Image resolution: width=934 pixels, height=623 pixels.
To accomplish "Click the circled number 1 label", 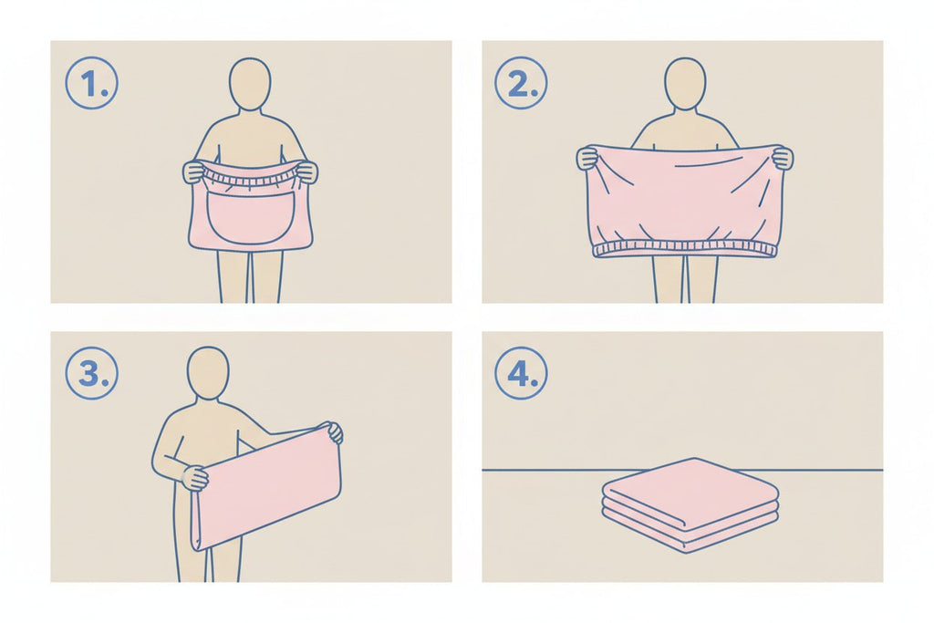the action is click(x=91, y=83).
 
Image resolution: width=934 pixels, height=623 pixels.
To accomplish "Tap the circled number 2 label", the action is click(x=521, y=83).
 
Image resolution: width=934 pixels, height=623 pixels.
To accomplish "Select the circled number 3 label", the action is click(x=91, y=373).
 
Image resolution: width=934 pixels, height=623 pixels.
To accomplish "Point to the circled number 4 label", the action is click(x=521, y=373).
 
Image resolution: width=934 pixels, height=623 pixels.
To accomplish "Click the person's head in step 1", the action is click(x=250, y=84).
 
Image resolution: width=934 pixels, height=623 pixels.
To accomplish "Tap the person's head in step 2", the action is click(x=685, y=84).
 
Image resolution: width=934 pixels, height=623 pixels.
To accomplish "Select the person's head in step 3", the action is click(x=208, y=373).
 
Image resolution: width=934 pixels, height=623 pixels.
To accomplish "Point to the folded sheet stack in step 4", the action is click(x=690, y=505).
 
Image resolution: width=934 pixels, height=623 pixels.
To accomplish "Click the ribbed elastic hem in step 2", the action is click(x=685, y=249).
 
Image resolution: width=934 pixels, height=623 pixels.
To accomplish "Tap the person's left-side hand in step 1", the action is click(x=193, y=171).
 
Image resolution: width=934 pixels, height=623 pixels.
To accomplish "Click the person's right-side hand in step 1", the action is click(x=306, y=171).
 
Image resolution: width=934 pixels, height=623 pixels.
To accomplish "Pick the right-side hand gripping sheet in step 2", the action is click(x=783, y=158).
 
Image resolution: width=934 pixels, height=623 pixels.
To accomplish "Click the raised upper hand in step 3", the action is click(x=335, y=431).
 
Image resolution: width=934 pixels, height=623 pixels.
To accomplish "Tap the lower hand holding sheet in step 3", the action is click(x=194, y=477).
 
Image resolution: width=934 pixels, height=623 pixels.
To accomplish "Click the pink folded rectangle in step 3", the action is click(x=265, y=487).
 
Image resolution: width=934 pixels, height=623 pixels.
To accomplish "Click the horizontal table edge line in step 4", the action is click(x=682, y=470).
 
